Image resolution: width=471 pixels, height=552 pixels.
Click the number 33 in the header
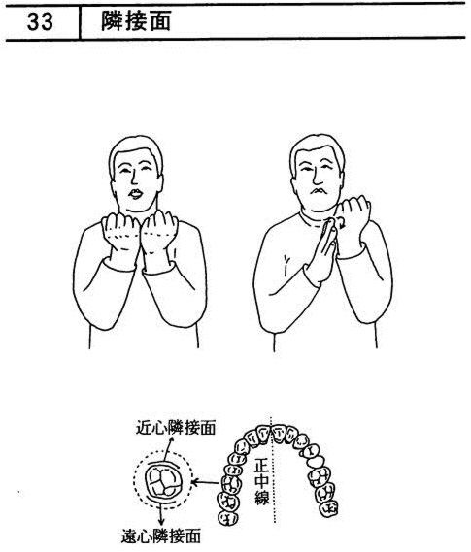[40, 21]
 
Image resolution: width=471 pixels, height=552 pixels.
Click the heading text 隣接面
[136, 20]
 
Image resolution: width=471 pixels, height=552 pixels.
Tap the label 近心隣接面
[176, 428]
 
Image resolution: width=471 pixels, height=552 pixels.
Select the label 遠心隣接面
[161, 536]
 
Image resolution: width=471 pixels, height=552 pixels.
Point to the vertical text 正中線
[262, 481]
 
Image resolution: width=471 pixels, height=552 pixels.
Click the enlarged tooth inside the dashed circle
[163, 482]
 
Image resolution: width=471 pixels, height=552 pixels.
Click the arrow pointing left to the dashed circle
[204, 481]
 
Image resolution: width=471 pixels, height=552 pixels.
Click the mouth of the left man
[136, 193]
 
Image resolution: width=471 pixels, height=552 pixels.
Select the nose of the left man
[134, 178]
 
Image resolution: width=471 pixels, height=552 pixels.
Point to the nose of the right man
[319, 177]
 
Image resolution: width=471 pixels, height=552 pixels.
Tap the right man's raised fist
[353, 214]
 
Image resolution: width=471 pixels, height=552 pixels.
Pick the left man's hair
[135, 151]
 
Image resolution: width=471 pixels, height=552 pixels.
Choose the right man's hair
[317, 147]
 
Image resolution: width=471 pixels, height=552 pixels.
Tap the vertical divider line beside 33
[80, 22]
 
